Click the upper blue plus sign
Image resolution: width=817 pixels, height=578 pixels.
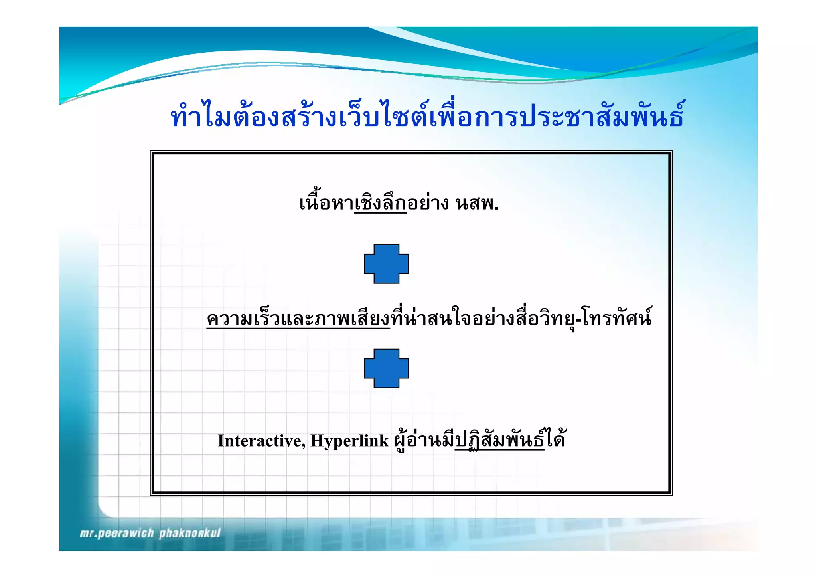pyautogui.click(x=386, y=264)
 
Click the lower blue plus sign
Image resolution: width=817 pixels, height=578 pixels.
pyautogui.click(x=386, y=368)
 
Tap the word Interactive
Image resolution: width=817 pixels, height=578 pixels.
pyautogui.click(x=261, y=441)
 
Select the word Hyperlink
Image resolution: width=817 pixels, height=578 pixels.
pyautogui.click(x=349, y=441)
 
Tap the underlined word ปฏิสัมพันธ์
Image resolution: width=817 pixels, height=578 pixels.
pyautogui.click(x=499, y=441)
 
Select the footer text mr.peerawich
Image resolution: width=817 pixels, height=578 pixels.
pyautogui.click(x=116, y=533)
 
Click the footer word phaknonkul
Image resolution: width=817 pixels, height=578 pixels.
pyautogui.click(x=190, y=533)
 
